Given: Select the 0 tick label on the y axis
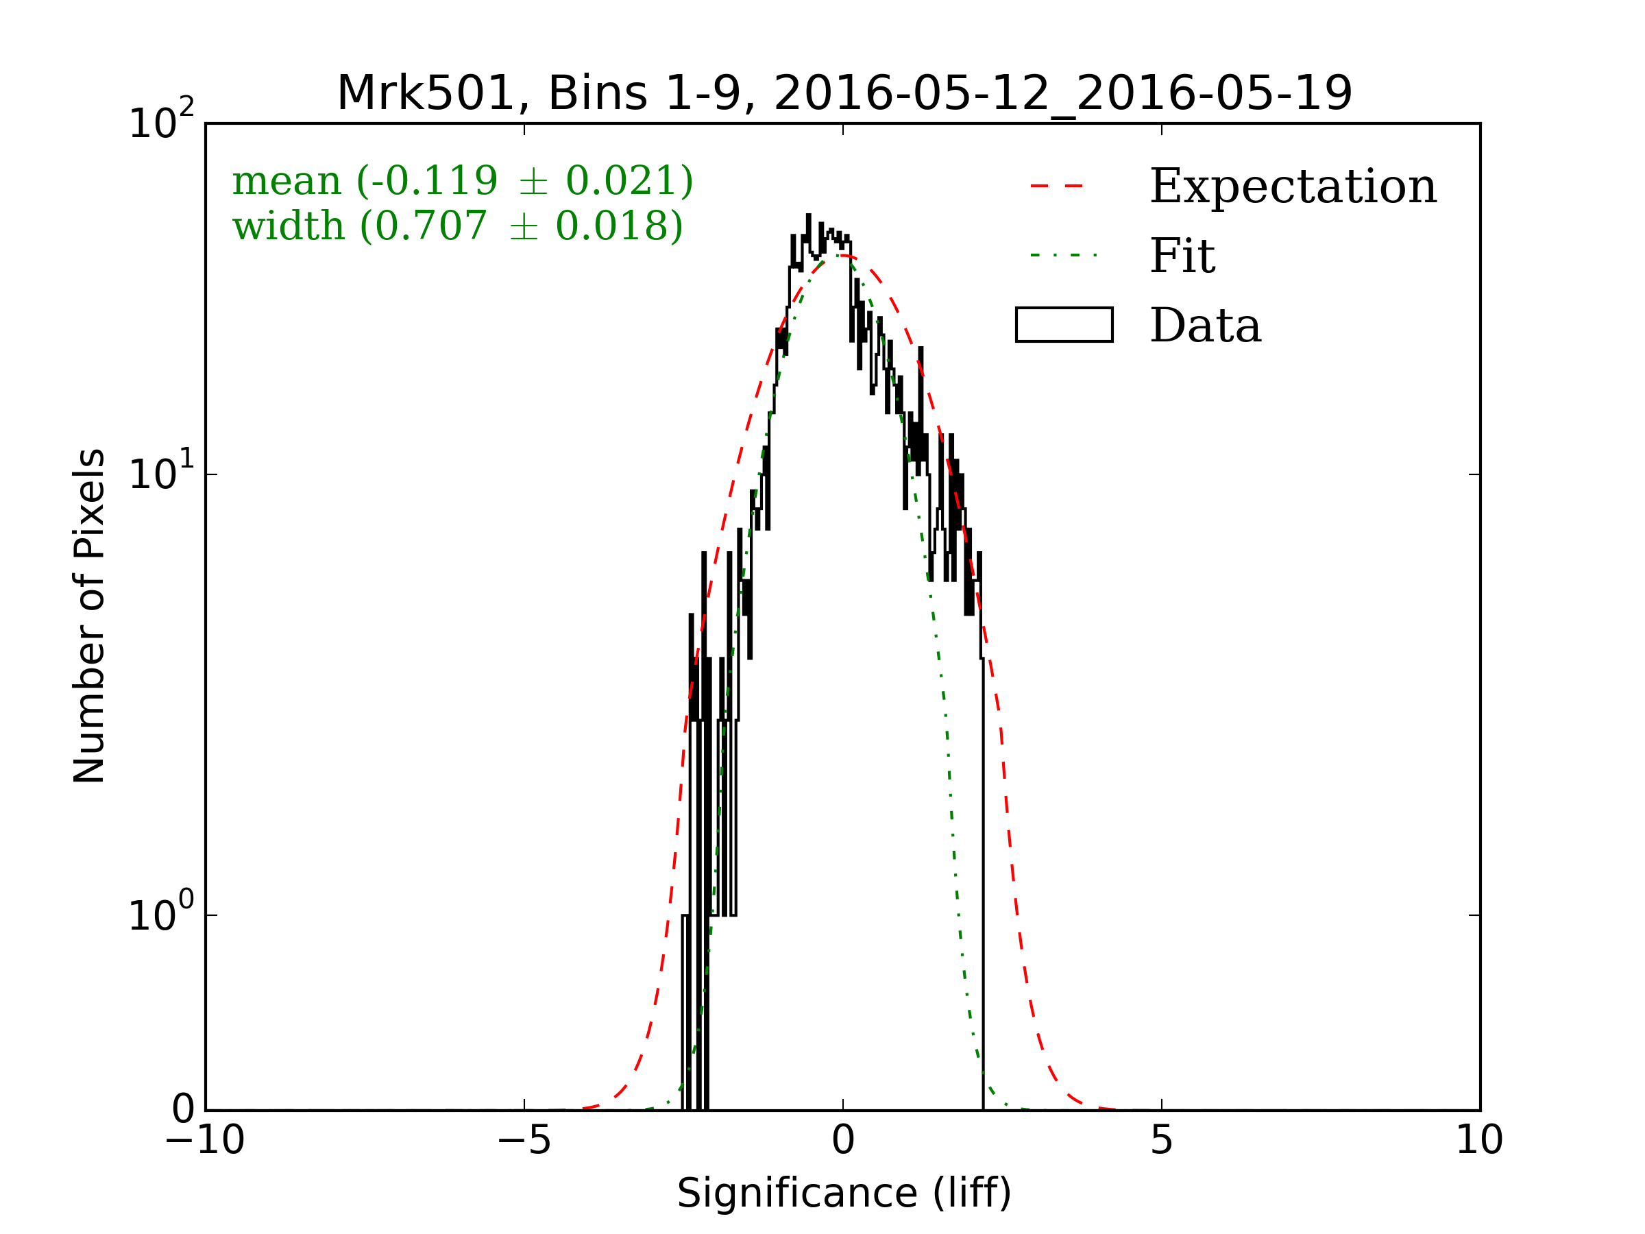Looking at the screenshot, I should (183, 1110).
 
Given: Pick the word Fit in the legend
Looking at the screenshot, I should (1182, 256).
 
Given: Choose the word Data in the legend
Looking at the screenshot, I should (1206, 326).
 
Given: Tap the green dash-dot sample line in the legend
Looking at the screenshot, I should (1064, 255).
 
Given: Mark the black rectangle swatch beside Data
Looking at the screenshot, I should (1064, 324).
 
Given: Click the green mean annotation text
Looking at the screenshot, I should (463, 181).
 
